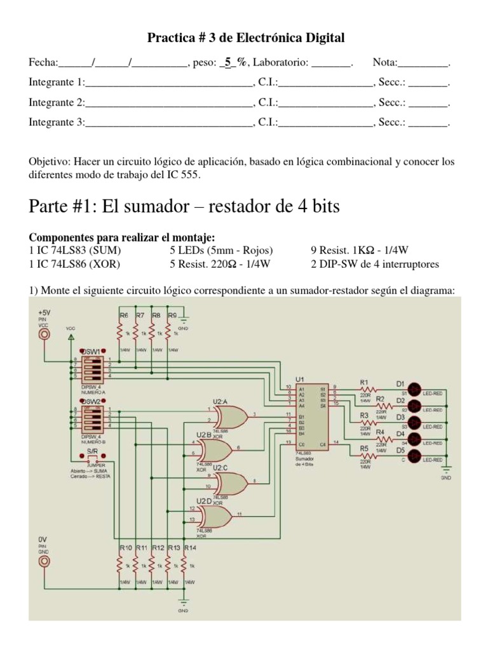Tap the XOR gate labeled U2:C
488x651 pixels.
231,483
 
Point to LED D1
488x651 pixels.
414,389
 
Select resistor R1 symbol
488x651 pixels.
367,389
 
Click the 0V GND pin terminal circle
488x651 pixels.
44,561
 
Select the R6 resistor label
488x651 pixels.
123,315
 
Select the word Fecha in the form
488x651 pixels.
43,62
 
